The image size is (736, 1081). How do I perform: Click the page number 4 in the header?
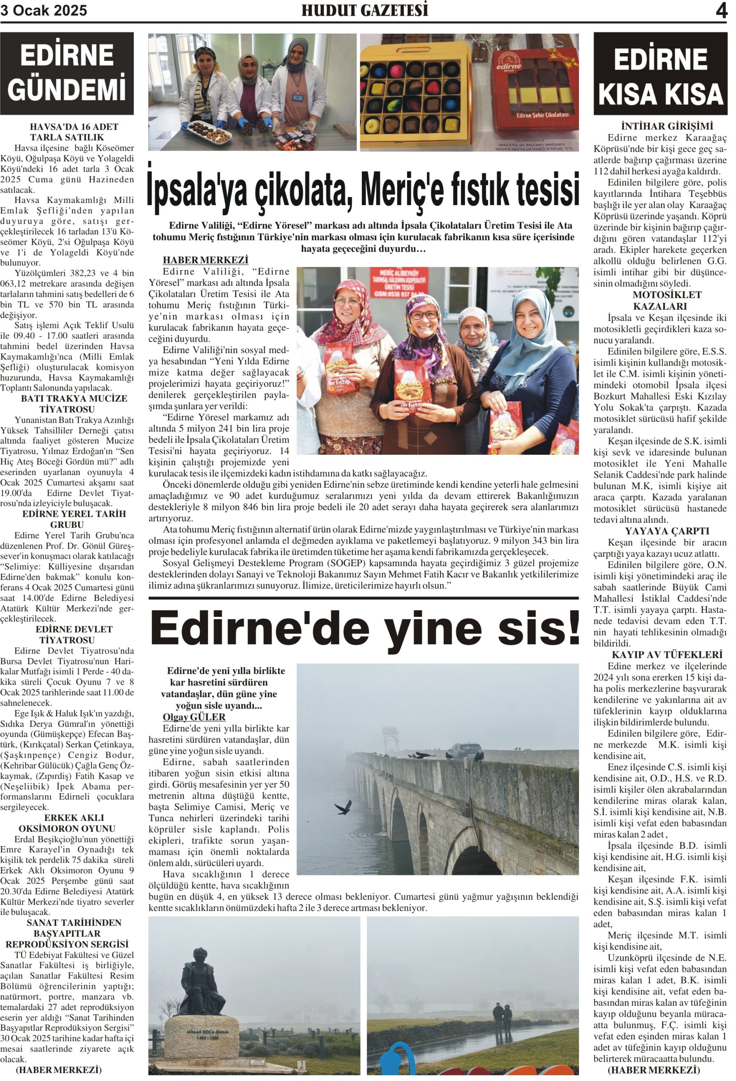tap(721, 10)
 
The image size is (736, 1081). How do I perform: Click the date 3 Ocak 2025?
tap(44, 10)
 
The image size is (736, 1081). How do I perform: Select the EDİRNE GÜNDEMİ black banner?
tap(67, 73)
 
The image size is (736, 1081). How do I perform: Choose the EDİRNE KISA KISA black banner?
tap(660, 74)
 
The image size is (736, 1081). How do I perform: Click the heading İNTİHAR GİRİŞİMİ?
tap(660, 126)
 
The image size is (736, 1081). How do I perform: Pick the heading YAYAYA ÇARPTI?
tap(667, 531)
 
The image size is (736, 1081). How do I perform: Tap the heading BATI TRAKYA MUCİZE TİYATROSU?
tap(73, 404)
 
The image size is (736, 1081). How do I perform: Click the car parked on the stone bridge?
tap(463, 751)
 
